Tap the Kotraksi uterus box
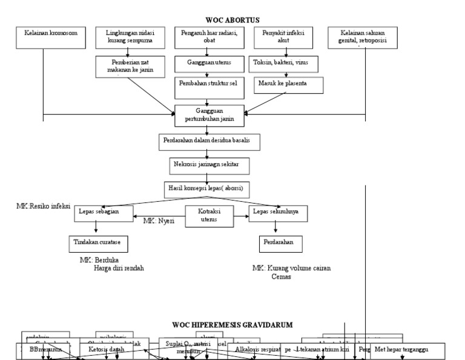208,216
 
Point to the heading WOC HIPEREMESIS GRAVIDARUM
232,325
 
